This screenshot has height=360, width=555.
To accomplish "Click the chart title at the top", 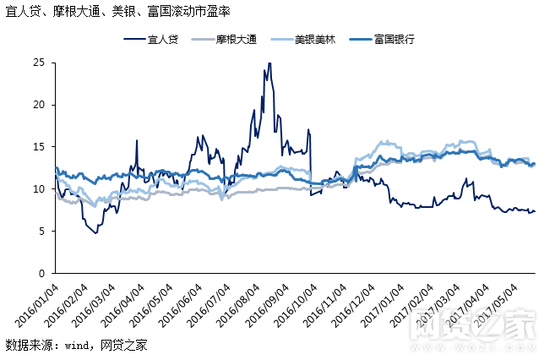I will tap(117, 12).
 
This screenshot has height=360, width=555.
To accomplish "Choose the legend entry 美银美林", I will tap(315, 40).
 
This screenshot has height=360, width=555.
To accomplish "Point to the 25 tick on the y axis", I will tap(39, 63).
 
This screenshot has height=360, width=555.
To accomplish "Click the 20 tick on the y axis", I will tap(39, 105).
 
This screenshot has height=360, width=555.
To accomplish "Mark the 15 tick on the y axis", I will tap(39, 147).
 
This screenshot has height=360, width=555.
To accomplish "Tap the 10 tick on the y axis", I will tap(39, 189).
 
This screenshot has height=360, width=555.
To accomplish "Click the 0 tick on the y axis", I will tap(41, 274).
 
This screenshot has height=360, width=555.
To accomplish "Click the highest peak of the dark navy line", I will tap(269, 63).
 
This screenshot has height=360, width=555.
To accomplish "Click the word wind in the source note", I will tap(78, 345).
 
